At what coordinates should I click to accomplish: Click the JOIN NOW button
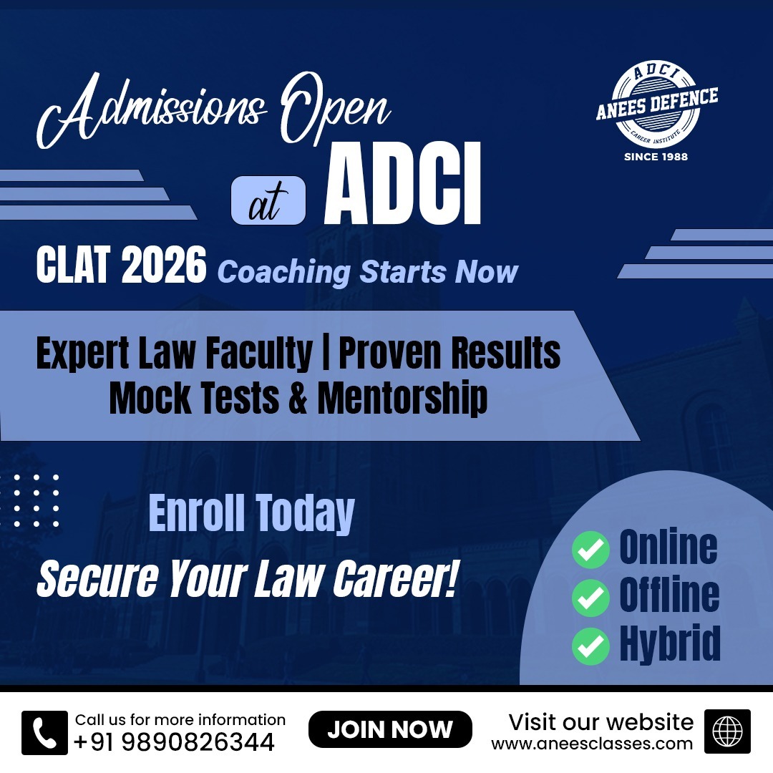390,729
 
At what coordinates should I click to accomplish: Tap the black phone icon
44,733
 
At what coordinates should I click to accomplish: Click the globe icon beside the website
727,731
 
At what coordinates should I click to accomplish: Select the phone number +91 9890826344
174,742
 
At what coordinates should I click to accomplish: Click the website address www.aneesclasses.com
592,744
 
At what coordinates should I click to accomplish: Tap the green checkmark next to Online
590,550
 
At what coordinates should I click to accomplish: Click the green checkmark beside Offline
590,598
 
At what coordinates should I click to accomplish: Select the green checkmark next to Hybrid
590,646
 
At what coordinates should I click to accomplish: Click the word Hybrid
670,644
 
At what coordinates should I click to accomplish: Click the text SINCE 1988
656,157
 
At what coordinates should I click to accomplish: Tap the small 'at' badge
268,200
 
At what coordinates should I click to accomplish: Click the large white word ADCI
402,185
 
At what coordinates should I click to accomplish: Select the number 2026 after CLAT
164,266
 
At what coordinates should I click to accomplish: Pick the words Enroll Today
251,513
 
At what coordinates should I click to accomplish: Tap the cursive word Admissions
150,111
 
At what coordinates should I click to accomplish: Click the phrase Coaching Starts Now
368,272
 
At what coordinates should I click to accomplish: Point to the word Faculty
259,354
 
